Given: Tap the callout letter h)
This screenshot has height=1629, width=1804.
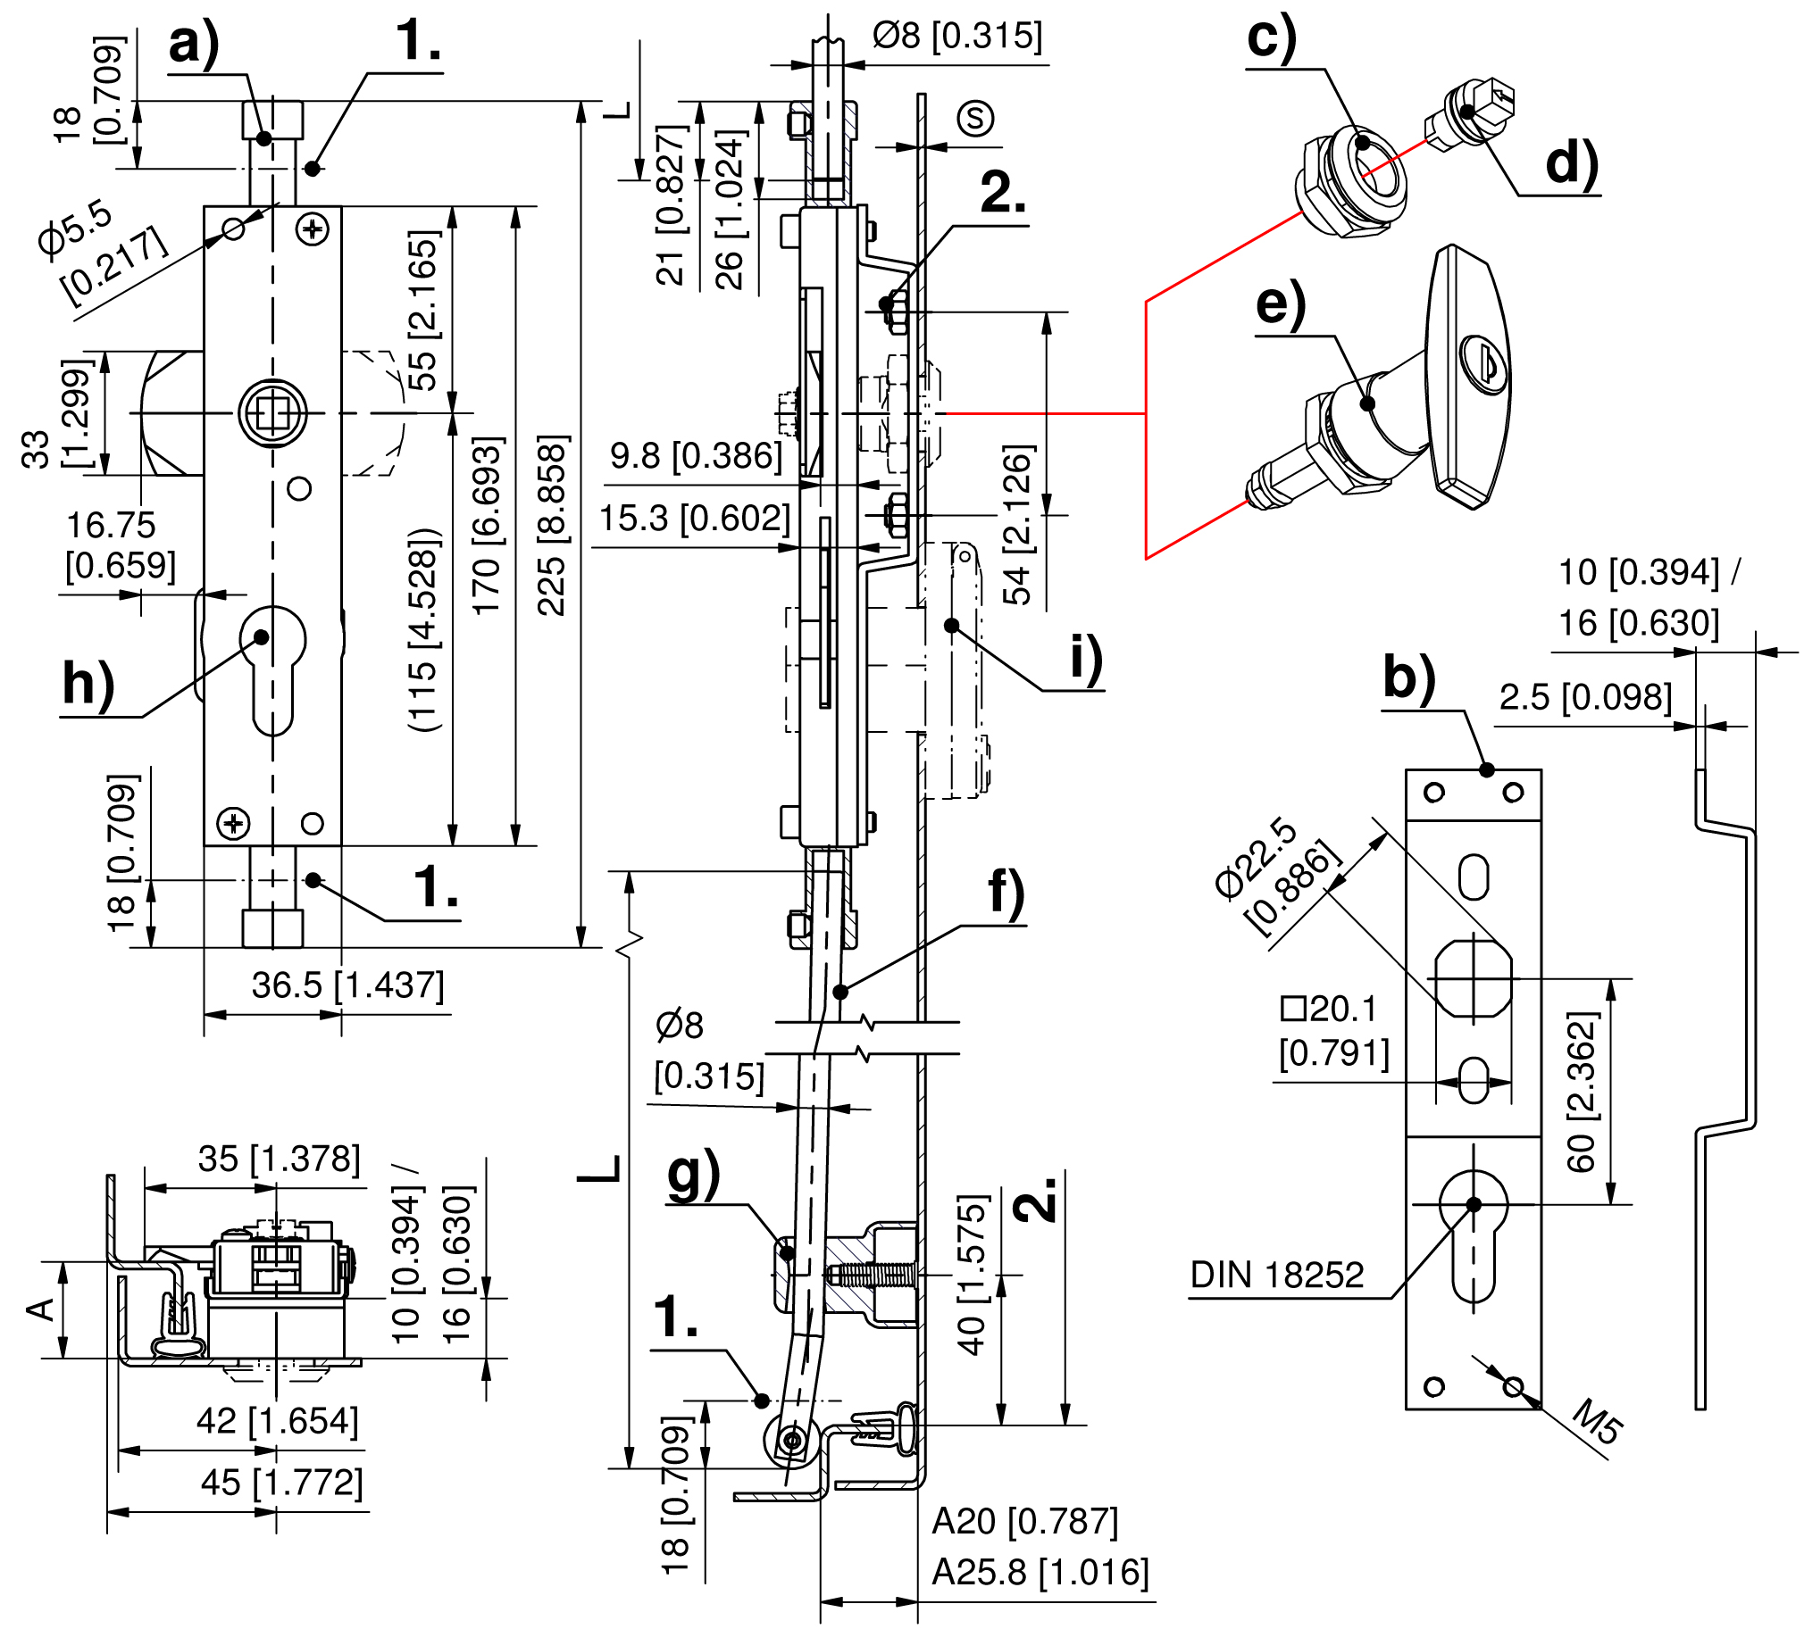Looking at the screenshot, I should point(88,685).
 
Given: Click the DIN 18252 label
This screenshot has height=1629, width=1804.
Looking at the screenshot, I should point(1276,1275).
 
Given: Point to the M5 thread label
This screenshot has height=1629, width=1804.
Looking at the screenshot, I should point(1597,1421).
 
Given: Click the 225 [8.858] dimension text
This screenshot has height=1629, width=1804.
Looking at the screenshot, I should point(551,525).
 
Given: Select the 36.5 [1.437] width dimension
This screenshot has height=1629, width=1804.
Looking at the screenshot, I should point(347,985).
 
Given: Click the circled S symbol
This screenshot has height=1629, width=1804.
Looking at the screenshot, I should point(974,118).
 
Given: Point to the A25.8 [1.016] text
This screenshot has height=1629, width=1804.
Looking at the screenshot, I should point(1040,1572).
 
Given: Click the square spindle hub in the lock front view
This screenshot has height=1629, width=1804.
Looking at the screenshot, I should point(272,412).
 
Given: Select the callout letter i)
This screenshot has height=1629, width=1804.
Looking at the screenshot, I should point(1086,660).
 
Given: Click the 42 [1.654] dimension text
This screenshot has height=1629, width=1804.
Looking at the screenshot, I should point(278,1420).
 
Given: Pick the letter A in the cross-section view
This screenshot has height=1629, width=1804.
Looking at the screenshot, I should point(40,1309).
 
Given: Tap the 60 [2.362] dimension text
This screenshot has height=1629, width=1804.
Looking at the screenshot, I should point(1581,1092).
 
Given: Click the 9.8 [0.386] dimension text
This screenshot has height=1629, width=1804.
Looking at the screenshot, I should point(696,455).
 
